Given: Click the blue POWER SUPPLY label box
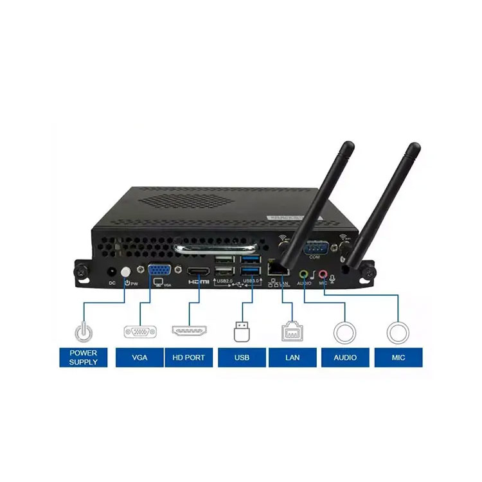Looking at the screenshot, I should [x=83, y=357].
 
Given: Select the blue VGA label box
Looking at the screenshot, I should [x=139, y=357].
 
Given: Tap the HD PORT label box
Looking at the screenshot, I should [x=188, y=357].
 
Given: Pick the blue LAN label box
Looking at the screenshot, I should [x=292, y=357].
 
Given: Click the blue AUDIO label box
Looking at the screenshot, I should [x=345, y=357].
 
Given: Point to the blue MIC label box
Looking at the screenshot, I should [x=398, y=357].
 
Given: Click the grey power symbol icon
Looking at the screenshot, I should [x=83, y=332].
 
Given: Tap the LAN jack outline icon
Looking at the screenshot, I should [x=292, y=332].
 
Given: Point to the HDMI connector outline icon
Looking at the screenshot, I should [x=188, y=332].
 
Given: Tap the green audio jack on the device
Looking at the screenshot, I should [x=303, y=272].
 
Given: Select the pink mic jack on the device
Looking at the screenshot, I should [x=323, y=274].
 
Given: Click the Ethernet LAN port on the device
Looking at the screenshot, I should [x=276, y=267].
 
